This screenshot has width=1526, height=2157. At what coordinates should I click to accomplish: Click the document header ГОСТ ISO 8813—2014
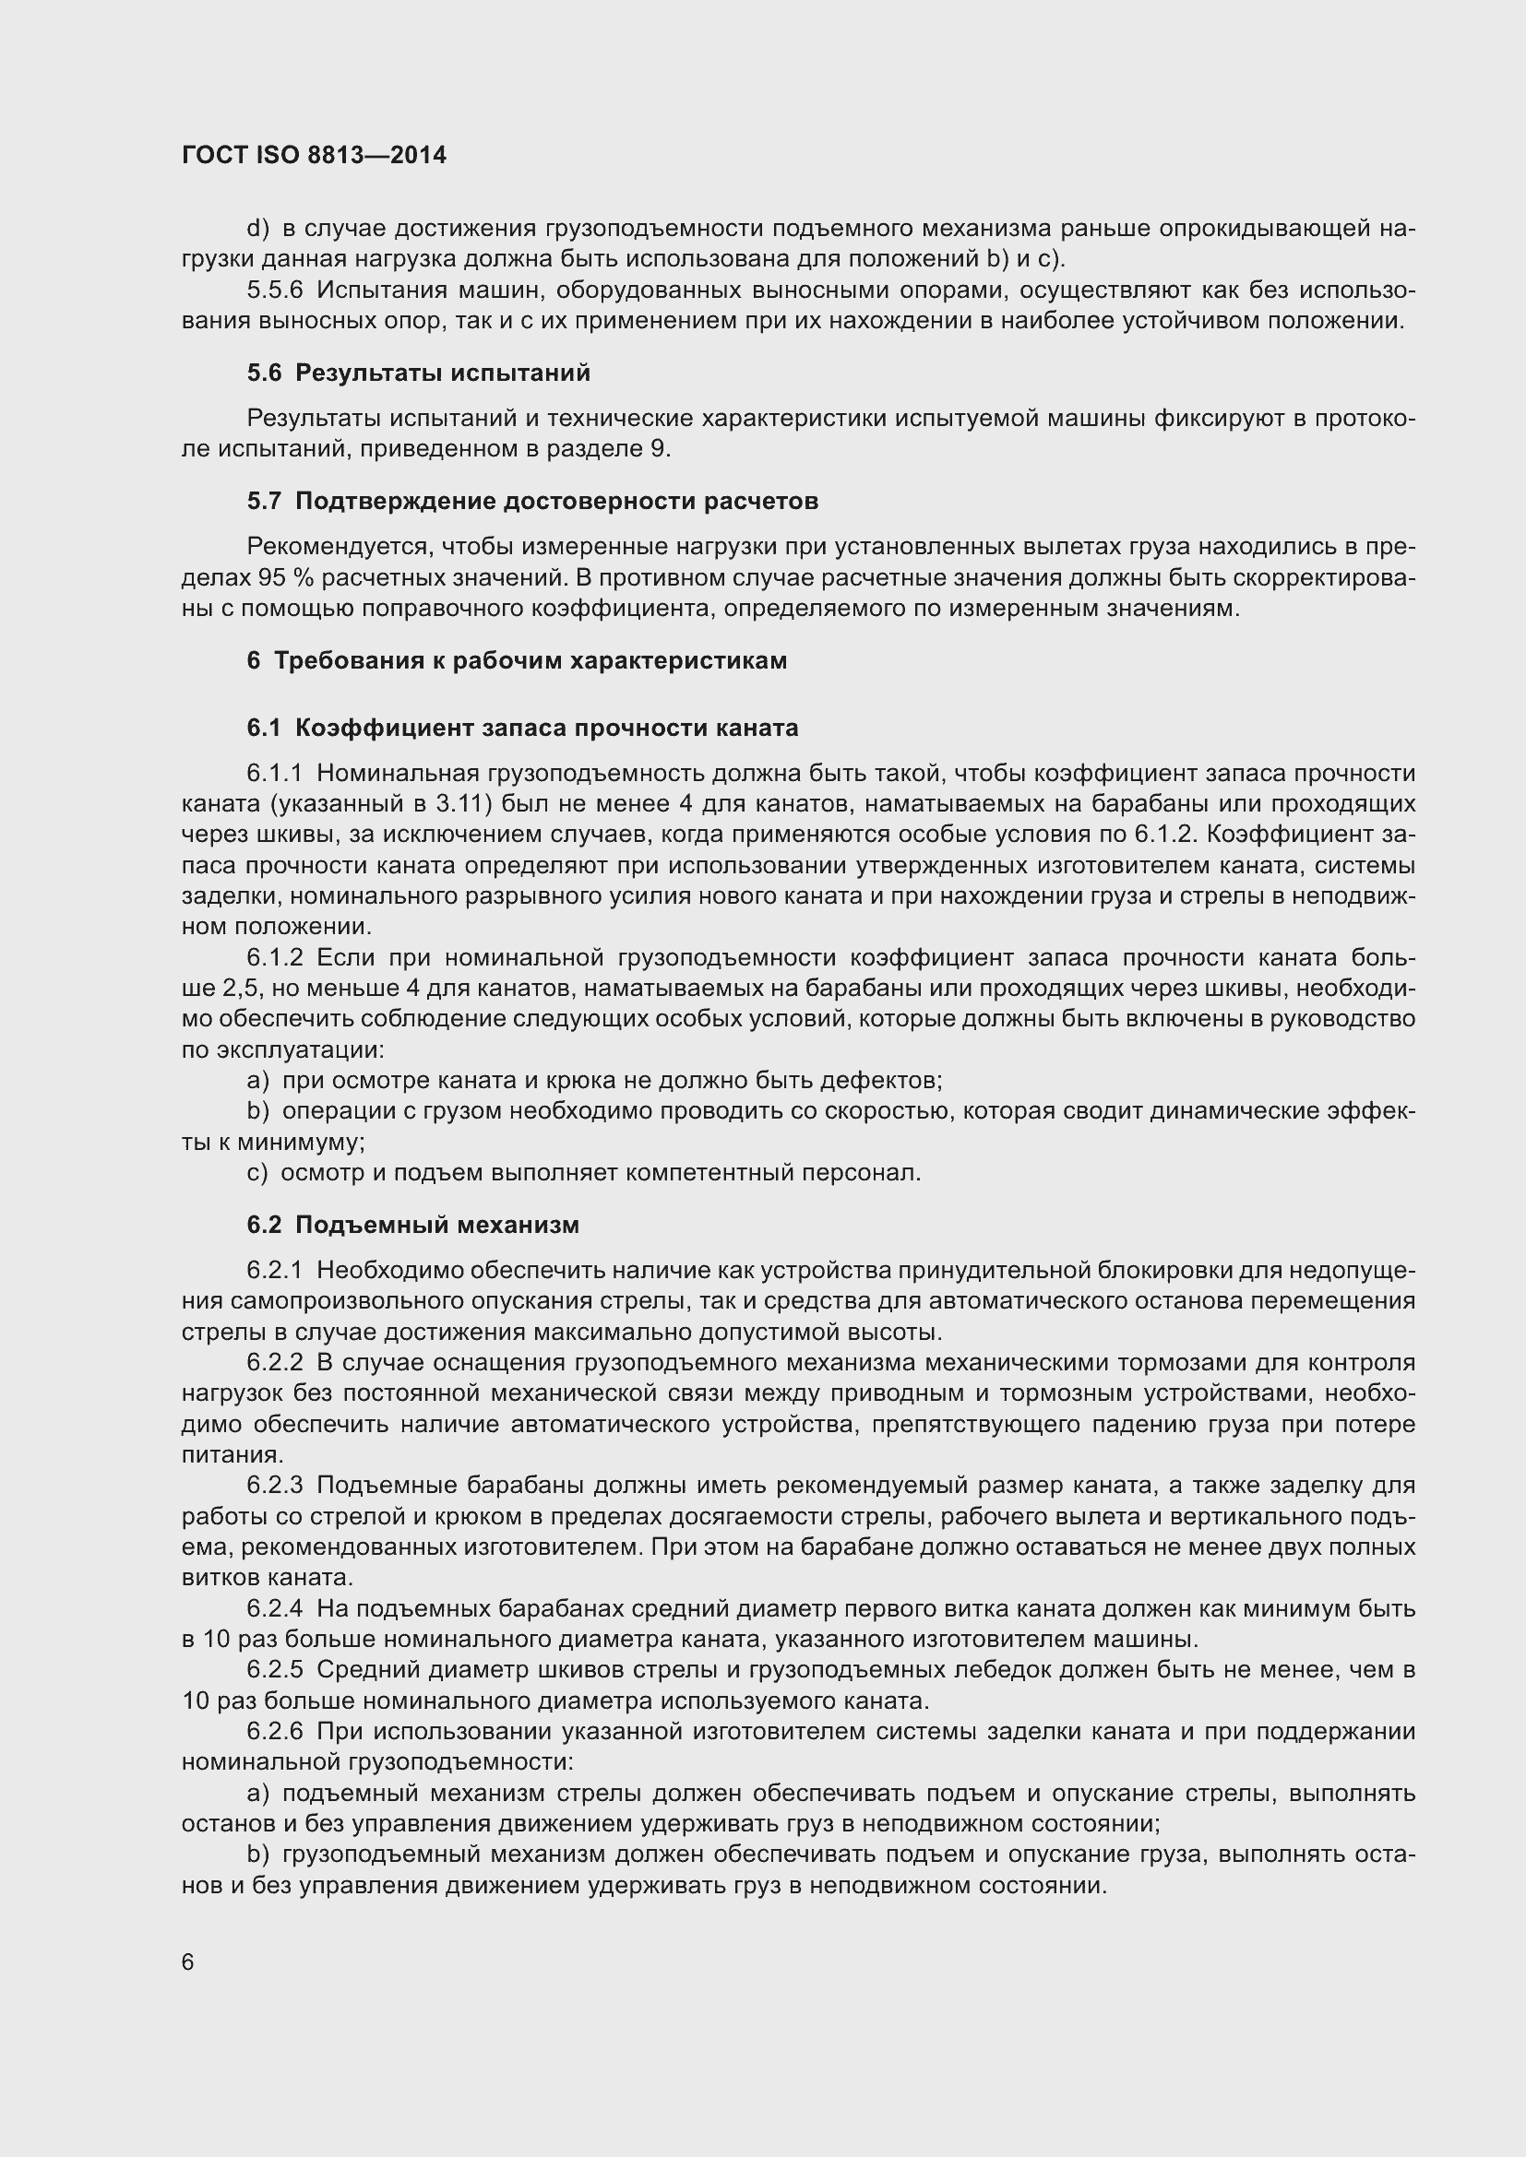(314, 155)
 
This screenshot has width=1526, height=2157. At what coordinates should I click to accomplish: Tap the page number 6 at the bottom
(188, 1962)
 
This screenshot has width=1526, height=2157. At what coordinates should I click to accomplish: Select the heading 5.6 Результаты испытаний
(419, 373)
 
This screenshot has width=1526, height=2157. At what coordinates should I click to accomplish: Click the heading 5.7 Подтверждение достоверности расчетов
(532, 501)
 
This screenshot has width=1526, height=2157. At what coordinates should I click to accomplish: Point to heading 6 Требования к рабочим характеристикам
(517, 660)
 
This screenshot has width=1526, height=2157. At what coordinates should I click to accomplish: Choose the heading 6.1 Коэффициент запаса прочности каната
(522, 729)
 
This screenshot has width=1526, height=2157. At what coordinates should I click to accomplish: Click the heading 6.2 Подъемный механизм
(413, 1225)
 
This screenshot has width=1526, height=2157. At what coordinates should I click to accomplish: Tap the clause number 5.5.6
(275, 290)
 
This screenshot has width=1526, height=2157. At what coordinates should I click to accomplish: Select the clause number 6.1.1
(274, 773)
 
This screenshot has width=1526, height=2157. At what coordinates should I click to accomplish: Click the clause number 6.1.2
(274, 957)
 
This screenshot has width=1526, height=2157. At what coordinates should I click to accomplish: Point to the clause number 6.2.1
(274, 1270)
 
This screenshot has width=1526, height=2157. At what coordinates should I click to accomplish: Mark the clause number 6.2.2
(274, 1362)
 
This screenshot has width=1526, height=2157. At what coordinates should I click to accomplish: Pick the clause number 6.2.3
(274, 1486)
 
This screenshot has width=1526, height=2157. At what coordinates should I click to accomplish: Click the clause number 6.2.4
(274, 1608)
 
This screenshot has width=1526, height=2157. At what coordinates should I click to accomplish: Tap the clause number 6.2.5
(274, 1669)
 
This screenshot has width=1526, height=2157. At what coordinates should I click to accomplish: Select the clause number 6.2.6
(274, 1732)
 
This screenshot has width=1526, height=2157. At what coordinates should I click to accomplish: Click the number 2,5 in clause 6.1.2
(241, 989)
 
